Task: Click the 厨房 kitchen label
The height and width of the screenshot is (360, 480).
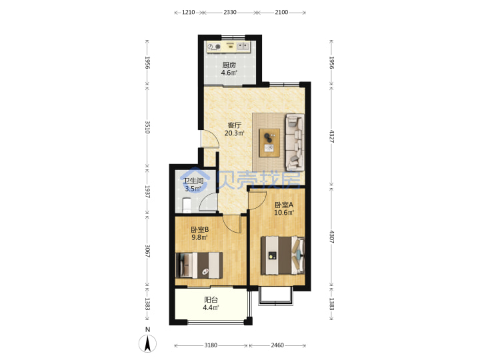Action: [229, 65]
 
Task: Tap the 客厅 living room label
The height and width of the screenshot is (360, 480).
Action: [235, 125]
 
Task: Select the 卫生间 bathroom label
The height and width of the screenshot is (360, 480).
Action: [193, 181]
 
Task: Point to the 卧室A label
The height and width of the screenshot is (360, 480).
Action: [284, 205]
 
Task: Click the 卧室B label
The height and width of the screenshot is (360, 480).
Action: [199, 229]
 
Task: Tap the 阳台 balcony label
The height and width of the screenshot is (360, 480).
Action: [211, 300]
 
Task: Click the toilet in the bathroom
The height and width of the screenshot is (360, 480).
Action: [187, 205]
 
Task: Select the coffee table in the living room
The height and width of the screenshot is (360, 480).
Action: [269, 143]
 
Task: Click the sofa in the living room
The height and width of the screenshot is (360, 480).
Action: [295, 142]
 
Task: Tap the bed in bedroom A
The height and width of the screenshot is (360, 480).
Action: [283, 255]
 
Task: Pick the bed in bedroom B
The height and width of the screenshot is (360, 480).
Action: [199, 265]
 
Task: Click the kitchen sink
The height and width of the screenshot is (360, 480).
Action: [244, 46]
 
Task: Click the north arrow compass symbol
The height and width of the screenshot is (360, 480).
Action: [147, 343]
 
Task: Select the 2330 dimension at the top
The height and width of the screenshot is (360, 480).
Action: [230, 12]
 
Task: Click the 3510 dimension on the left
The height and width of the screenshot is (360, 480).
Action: [147, 127]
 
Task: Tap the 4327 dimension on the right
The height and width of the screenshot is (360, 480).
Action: [331, 136]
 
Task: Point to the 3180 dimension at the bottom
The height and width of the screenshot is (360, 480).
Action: [211, 345]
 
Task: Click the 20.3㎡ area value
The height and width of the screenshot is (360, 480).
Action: [234, 133]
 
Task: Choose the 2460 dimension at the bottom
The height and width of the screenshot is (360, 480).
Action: [277, 345]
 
